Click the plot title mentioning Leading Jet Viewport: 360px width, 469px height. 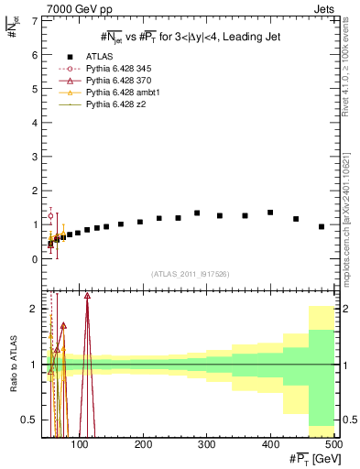190,36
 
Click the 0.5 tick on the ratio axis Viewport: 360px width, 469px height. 30,420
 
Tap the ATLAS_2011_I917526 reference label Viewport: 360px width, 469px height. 190,273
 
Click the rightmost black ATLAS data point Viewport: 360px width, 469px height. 322,226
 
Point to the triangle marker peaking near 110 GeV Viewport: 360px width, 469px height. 87,296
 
